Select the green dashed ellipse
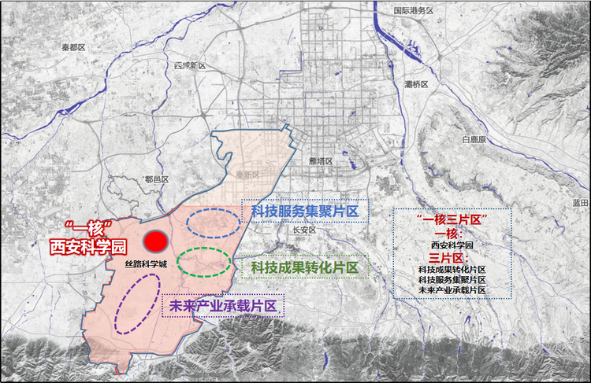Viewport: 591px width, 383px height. tap(203, 260)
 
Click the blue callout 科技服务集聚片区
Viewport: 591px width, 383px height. tap(304, 212)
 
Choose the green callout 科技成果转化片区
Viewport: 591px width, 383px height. tap(304, 268)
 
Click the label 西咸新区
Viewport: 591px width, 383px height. tap(189, 65)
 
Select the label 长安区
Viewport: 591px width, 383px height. tap(303, 231)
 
